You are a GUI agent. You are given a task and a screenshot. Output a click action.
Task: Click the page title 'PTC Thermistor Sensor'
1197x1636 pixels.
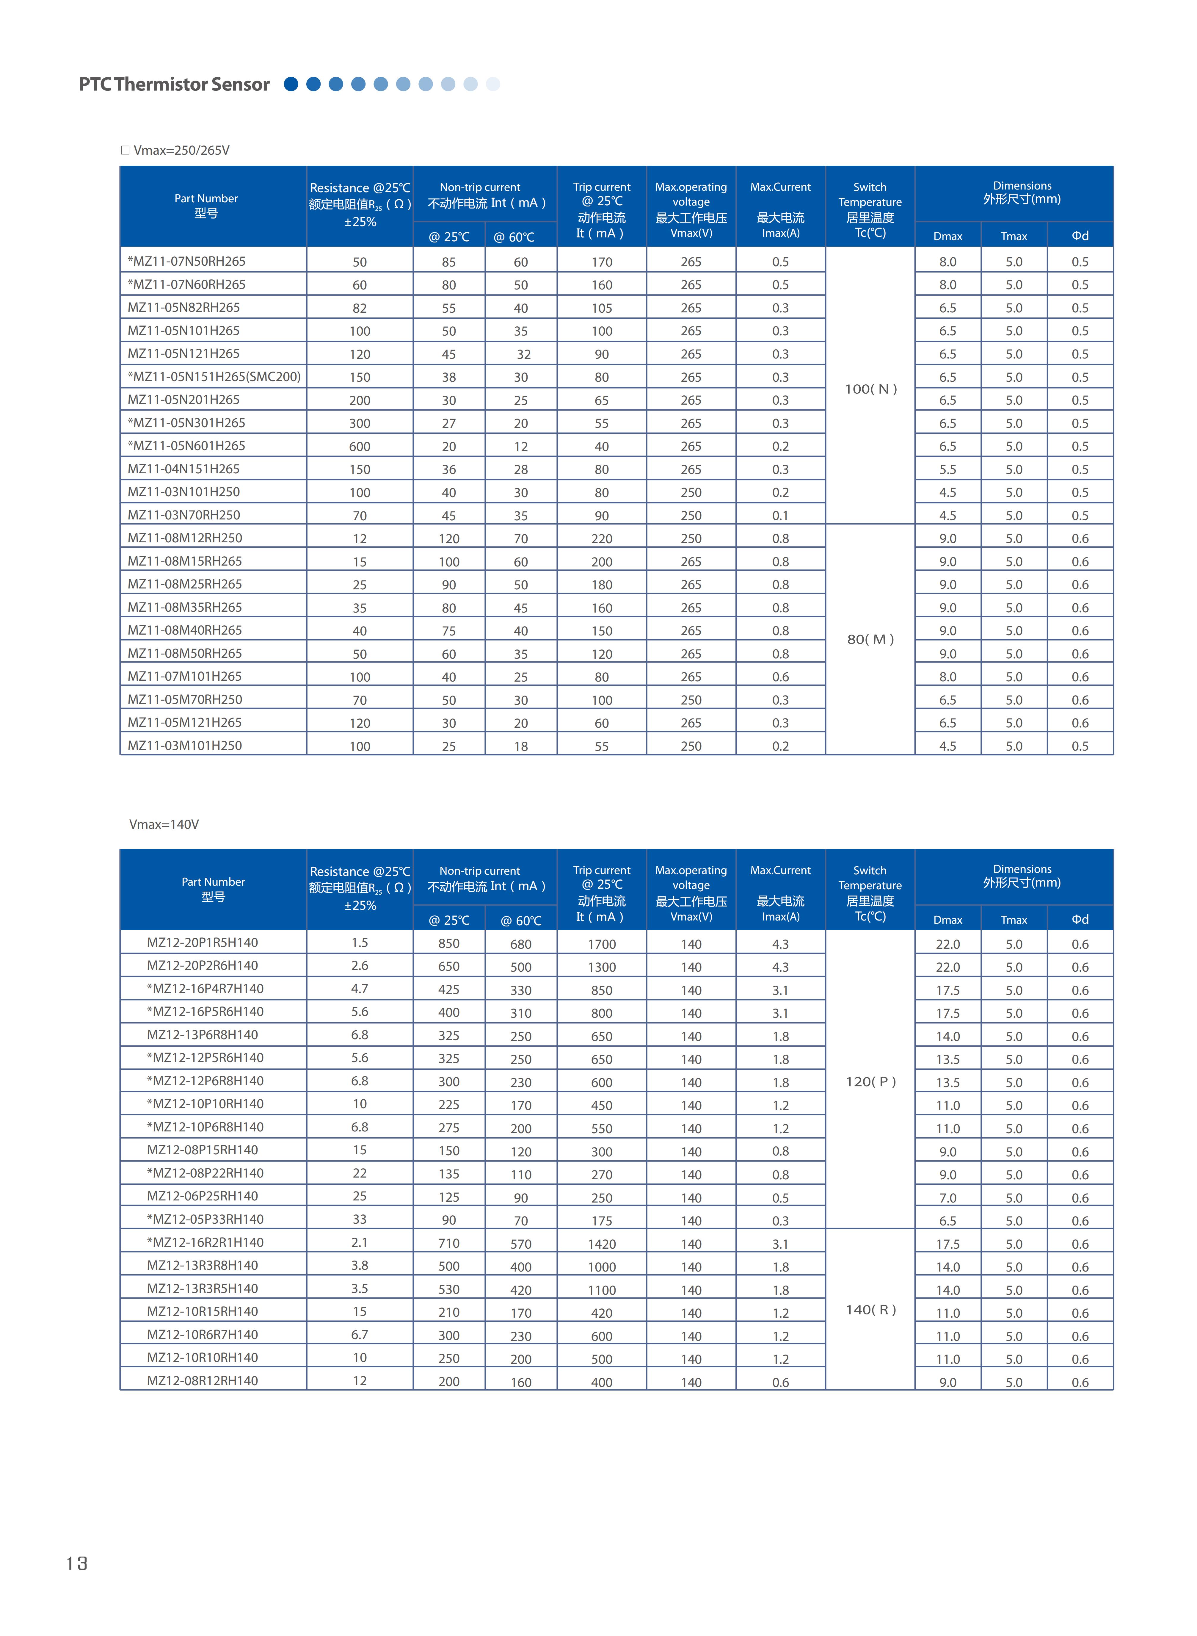pyautogui.click(x=174, y=85)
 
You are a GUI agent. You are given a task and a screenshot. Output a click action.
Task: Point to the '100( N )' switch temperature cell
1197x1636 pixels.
pyautogui.click(x=870, y=389)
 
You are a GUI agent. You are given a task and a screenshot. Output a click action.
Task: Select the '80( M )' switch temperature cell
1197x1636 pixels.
pyautogui.click(x=870, y=639)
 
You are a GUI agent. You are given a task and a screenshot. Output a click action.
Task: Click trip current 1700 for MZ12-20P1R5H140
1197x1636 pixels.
pyautogui.click(x=601, y=944)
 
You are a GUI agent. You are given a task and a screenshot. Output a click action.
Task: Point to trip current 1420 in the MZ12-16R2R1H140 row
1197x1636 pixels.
pyautogui.click(x=601, y=1244)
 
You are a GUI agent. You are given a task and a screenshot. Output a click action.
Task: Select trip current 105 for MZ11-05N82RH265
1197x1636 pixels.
pyautogui.click(x=601, y=308)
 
